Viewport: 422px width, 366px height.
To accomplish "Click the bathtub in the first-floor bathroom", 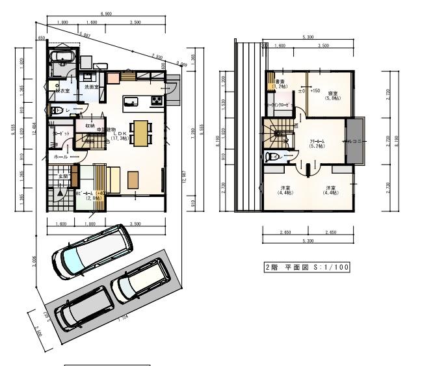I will pyautogui.click(x=64, y=59).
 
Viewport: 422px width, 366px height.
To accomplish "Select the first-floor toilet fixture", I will pyautogui.click(x=57, y=111).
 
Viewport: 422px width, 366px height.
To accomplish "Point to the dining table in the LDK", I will pyautogui.click(x=140, y=131).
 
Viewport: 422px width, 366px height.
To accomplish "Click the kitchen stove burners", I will pyautogui.click(x=157, y=99).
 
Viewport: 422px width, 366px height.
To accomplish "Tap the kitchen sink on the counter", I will pyautogui.click(x=129, y=101).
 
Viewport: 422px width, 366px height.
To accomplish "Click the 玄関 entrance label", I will pyautogui.click(x=64, y=176).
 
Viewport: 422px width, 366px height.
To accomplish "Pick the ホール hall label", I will pyautogui.click(x=60, y=157).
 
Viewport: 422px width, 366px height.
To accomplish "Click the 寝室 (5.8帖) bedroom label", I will pyautogui.click(x=332, y=94).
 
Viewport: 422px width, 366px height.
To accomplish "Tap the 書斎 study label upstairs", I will pyautogui.click(x=280, y=83).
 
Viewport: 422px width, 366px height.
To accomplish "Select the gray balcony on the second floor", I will pyautogui.click(x=356, y=142).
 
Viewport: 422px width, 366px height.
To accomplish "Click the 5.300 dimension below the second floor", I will pyautogui.click(x=308, y=241).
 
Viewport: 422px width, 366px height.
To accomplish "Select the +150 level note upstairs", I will pyautogui.click(x=315, y=90).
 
